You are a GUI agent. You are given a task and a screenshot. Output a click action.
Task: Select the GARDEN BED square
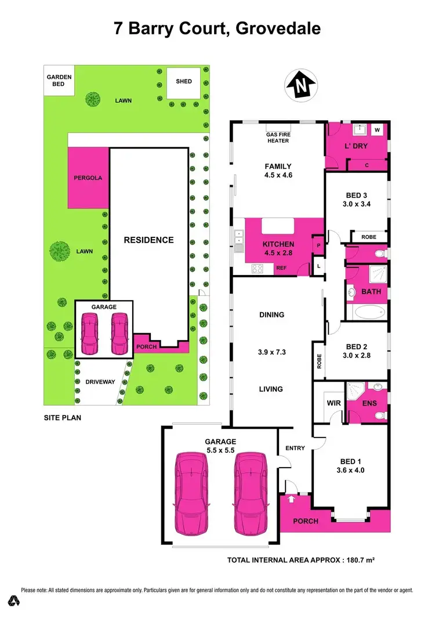pos(59,81)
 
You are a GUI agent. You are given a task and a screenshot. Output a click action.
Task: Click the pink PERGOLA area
pos(88,178)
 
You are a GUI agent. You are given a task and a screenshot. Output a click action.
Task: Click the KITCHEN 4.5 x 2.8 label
pos(278,248)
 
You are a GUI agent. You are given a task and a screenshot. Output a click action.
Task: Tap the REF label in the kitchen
pos(281,268)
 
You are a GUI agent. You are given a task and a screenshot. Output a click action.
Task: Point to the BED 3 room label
pos(356,199)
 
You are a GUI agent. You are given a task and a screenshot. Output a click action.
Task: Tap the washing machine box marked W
pos(377,129)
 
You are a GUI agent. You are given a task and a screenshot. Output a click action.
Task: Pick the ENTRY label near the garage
pos(295,448)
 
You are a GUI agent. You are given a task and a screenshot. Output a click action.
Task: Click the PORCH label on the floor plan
pos(306,521)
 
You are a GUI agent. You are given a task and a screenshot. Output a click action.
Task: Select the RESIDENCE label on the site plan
pos(148,240)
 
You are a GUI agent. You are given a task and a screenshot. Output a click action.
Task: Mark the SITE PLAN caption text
pos(62,417)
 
